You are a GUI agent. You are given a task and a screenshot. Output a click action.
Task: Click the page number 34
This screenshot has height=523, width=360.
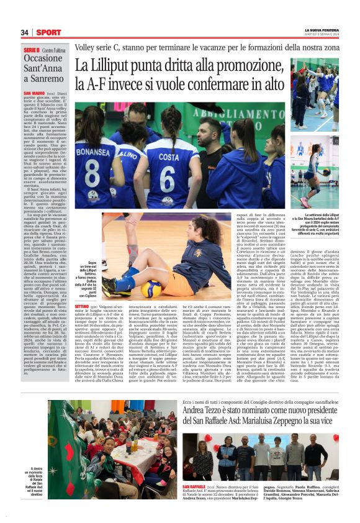pyautogui.click(x=24, y=32)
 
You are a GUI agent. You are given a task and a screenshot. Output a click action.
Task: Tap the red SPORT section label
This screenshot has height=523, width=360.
pyautogui.click(x=48, y=32)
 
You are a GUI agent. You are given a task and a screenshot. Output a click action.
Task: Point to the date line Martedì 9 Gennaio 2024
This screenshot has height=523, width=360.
pyautogui.click(x=323, y=35)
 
